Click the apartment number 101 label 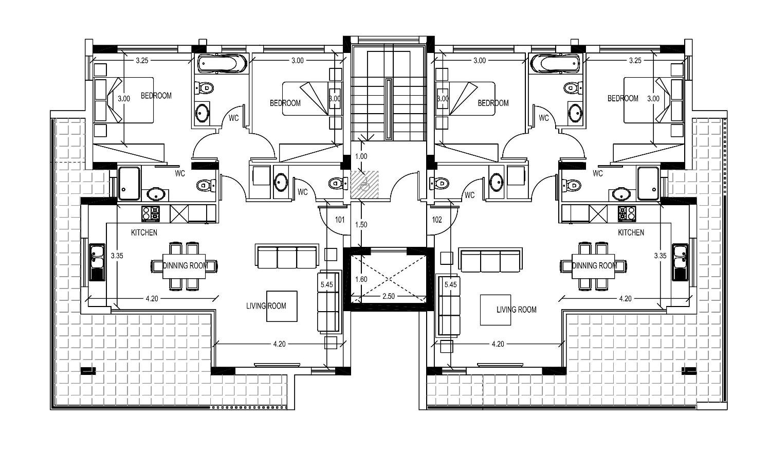340,220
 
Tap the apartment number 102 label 437,220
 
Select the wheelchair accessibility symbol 364,185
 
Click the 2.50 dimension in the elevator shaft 388,296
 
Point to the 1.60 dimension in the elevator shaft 361,279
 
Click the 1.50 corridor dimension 361,225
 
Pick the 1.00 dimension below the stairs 361,157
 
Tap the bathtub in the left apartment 222,64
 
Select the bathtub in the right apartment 555,64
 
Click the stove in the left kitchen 151,213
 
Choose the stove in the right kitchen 627,213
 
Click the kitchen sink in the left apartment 97,262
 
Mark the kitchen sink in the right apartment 680,262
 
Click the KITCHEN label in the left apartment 144,232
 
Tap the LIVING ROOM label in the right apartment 516,310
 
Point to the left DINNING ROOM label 186,265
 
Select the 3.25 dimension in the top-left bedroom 142,61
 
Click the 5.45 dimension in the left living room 327,284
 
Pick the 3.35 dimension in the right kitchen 660,256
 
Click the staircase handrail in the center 388,109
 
